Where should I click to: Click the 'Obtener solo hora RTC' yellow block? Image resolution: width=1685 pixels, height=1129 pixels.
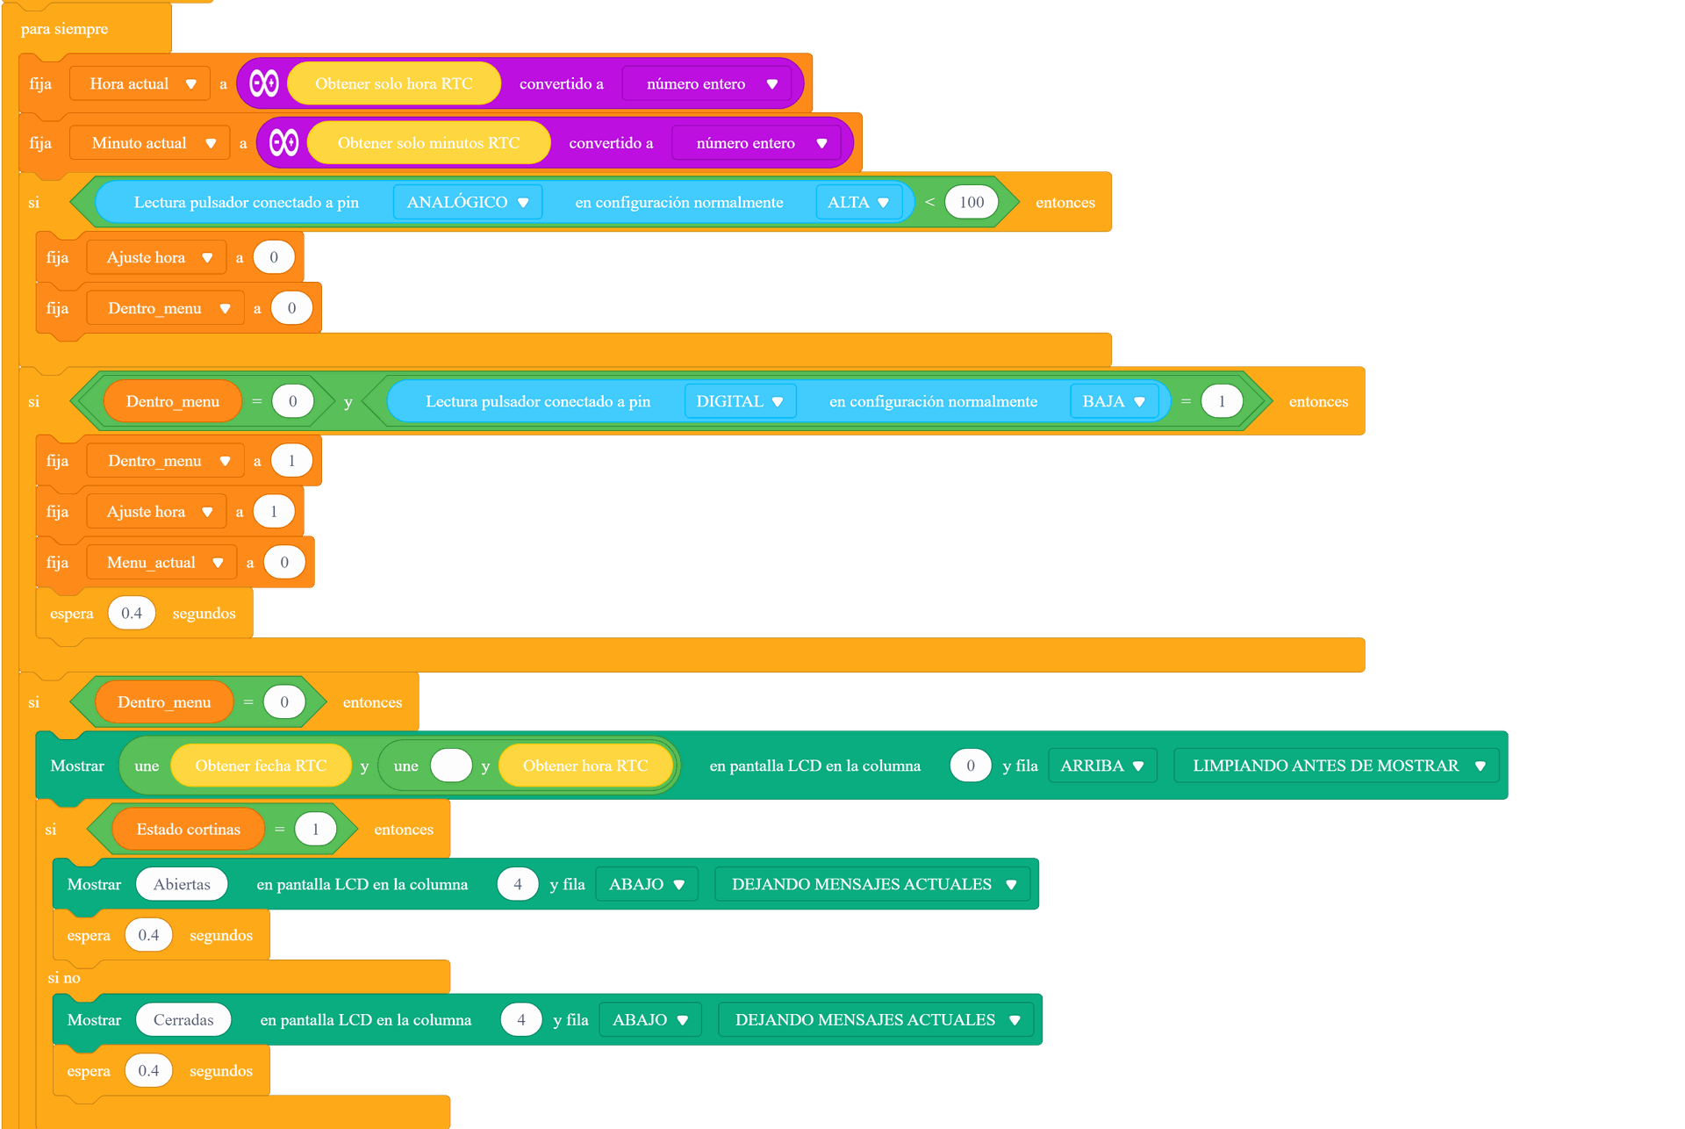coord(394,83)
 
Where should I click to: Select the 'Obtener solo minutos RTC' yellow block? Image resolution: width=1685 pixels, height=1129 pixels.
coord(428,143)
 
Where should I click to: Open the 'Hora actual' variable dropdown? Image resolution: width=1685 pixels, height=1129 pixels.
coord(140,83)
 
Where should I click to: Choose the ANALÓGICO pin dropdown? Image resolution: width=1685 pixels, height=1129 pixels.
coord(468,202)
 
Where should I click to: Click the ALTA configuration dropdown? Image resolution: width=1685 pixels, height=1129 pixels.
coord(858,202)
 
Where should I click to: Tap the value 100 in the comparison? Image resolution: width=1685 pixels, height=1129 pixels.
coord(972,202)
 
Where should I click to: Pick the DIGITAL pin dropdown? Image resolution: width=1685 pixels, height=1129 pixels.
coord(740,401)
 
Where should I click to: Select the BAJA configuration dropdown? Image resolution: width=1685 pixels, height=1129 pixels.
coord(1114,401)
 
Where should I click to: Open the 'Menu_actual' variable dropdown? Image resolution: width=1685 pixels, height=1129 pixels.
coord(161,563)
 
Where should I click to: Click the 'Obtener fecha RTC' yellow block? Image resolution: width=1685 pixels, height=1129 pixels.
coord(261,766)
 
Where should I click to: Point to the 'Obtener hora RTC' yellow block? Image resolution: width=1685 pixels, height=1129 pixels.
coord(585,766)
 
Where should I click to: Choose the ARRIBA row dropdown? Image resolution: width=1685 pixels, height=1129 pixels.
coord(1102,766)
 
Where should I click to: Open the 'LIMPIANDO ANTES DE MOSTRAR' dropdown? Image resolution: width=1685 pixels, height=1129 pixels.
coord(1337,766)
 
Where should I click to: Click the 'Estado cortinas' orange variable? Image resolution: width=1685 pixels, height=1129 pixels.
coord(188,830)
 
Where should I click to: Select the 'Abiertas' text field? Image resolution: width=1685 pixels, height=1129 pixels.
coord(182,884)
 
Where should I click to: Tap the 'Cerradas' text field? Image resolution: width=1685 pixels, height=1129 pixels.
coord(183,1020)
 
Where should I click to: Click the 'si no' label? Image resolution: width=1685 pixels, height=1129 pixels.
coord(64,978)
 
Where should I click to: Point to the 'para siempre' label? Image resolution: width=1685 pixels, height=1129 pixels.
coord(64,29)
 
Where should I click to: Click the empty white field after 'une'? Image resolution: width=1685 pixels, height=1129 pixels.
coord(451,766)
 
